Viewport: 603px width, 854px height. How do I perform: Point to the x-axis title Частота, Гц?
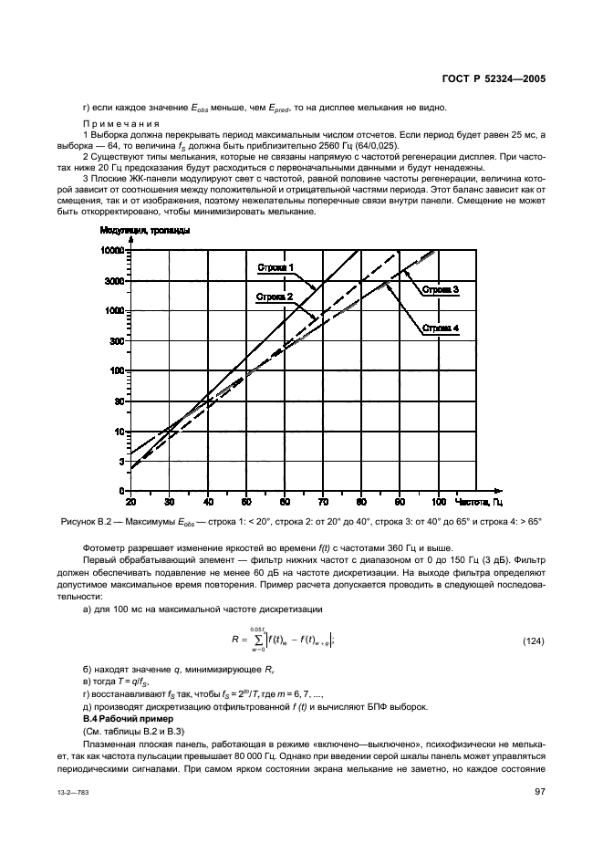tap(478, 502)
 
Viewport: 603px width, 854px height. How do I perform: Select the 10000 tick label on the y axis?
tap(112, 249)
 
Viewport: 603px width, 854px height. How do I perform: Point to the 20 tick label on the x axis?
tap(130, 502)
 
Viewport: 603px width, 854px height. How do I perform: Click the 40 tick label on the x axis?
tap(208, 502)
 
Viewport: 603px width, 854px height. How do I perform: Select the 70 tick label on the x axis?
tap(323, 502)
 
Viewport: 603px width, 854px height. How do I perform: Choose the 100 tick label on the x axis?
tap(439, 502)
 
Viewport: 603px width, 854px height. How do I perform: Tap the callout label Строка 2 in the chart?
tap(275, 297)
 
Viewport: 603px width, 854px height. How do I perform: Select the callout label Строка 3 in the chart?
tap(440, 289)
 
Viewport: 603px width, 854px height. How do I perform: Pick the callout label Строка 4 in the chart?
tap(440, 328)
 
